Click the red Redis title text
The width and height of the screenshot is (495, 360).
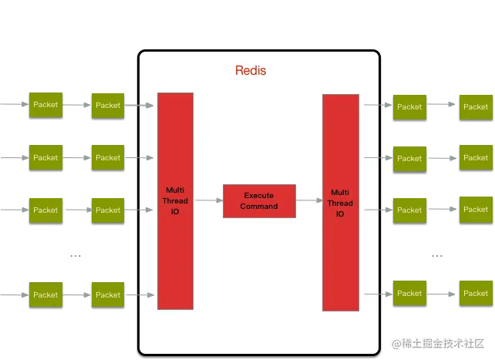pyautogui.click(x=251, y=71)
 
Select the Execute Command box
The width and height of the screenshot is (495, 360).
pyautogui.click(x=259, y=201)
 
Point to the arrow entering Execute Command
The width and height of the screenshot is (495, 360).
pyautogui.click(x=208, y=200)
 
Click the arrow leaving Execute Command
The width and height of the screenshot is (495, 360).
pyautogui.click(x=308, y=200)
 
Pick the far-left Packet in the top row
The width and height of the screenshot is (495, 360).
pyautogui.click(x=45, y=105)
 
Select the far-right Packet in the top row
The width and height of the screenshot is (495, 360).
pyautogui.click(x=475, y=106)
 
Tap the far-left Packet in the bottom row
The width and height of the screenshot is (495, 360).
pyautogui.click(x=45, y=294)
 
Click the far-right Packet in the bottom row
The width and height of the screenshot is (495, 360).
pyautogui.click(x=475, y=293)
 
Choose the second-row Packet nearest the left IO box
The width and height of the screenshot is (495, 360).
pyautogui.click(x=108, y=157)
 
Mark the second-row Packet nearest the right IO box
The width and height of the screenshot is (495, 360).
pyautogui.click(x=409, y=158)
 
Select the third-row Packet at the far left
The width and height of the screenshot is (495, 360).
pyautogui.click(x=45, y=210)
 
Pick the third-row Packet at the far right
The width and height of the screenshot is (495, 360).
pyautogui.click(x=475, y=209)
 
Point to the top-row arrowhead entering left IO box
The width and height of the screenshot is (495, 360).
pyautogui.click(x=150, y=105)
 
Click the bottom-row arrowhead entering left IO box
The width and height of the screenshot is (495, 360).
pyautogui.click(x=150, y=294)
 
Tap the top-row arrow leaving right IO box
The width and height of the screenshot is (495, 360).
pyautogui.click(x=373, y=106)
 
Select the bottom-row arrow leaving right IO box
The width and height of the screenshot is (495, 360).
pyautogui.click(x=373, y=293)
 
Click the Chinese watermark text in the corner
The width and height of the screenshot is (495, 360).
pyautogui.click(x=438, y=342)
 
